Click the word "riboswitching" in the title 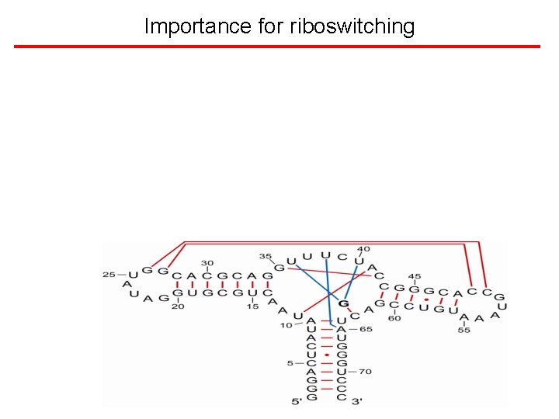[x=352, y=26]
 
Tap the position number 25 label [x=108, y=275]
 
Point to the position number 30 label [x=207, y=263]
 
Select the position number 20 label [x=178, y=306]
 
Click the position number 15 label [x=252, y=306]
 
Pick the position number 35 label [x=265, y=255]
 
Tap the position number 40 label [x=363, y=249]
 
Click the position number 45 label [x=415, y=276]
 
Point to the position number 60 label [x=394, y=317]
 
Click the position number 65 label [x=366, y=330]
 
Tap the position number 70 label [x=366, y=372]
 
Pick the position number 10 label [x=286, y=325]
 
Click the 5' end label [x=297, y=401]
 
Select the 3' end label [x=356, y=401]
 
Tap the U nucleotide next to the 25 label [x=133, y=275]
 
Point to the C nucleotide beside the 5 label [x=311, y=363]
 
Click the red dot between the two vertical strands [x=327, y=355]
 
